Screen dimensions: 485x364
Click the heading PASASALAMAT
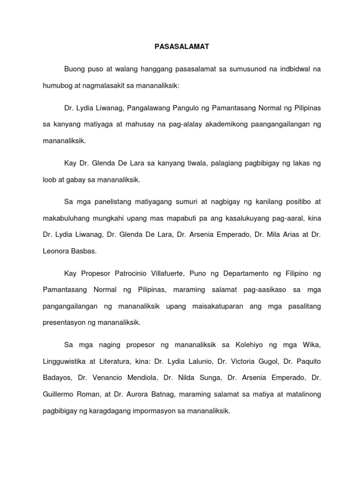click(x=182, y=47)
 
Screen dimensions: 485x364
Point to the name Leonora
click(x=56, y=251)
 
